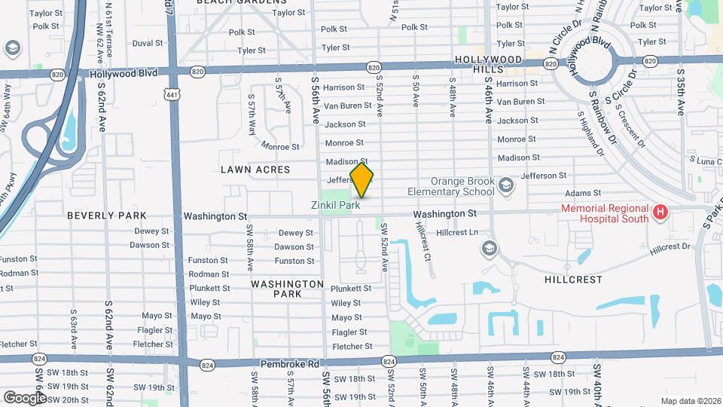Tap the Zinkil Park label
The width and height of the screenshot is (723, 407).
pyautogui.click(x=336, y=204)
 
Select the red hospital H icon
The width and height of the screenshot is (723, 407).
pyautogui.click(x=660, y=213)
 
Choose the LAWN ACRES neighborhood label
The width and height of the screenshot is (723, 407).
pyautogui.click(x=255, y=170)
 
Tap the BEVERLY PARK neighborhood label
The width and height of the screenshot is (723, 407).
pyautogui.click(x=107, y=216)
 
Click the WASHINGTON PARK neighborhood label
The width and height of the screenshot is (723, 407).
pyautogui.click(x=287, y=289)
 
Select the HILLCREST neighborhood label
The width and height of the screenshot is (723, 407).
pyautogui.click(x=573, y=279)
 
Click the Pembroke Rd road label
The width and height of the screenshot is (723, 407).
pyautogui.click(x=291, y=364)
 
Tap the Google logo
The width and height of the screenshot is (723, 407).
pyautogui.click(x=26, y=396)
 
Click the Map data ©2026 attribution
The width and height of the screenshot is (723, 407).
pyautogui.click(x=690, y=401)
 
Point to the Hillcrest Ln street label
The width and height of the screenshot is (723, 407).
pyautogui.click(x=457, y=232)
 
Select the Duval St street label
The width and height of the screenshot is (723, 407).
pyautogui.click(x=148, y=44)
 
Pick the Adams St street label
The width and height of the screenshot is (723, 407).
pyautogui.click(x=587, y=194)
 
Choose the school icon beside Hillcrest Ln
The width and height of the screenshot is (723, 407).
pyautogui.click(x=490, y=248)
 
